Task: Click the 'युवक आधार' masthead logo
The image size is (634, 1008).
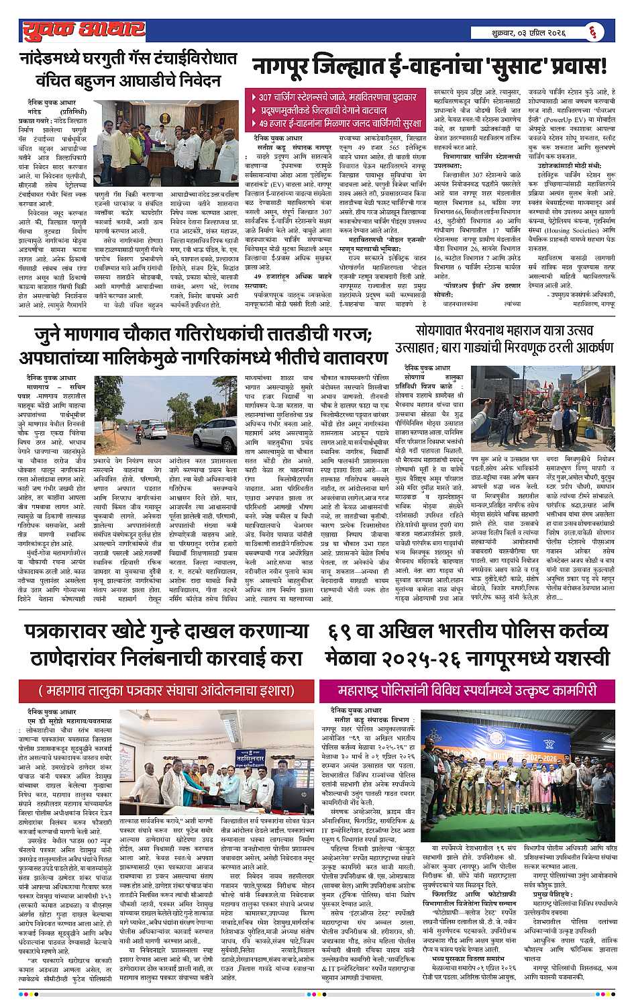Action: click(x=81, y=30)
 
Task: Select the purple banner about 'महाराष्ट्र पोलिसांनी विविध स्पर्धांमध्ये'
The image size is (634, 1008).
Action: click(x=467, y=690)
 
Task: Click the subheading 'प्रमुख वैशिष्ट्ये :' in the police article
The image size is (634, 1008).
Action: click(x=553, y=895)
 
